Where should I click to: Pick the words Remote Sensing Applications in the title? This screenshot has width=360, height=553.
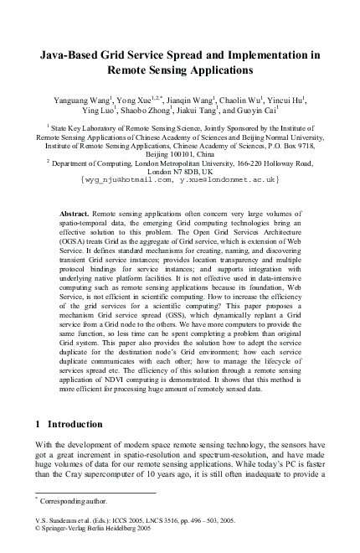pos(179,72)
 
